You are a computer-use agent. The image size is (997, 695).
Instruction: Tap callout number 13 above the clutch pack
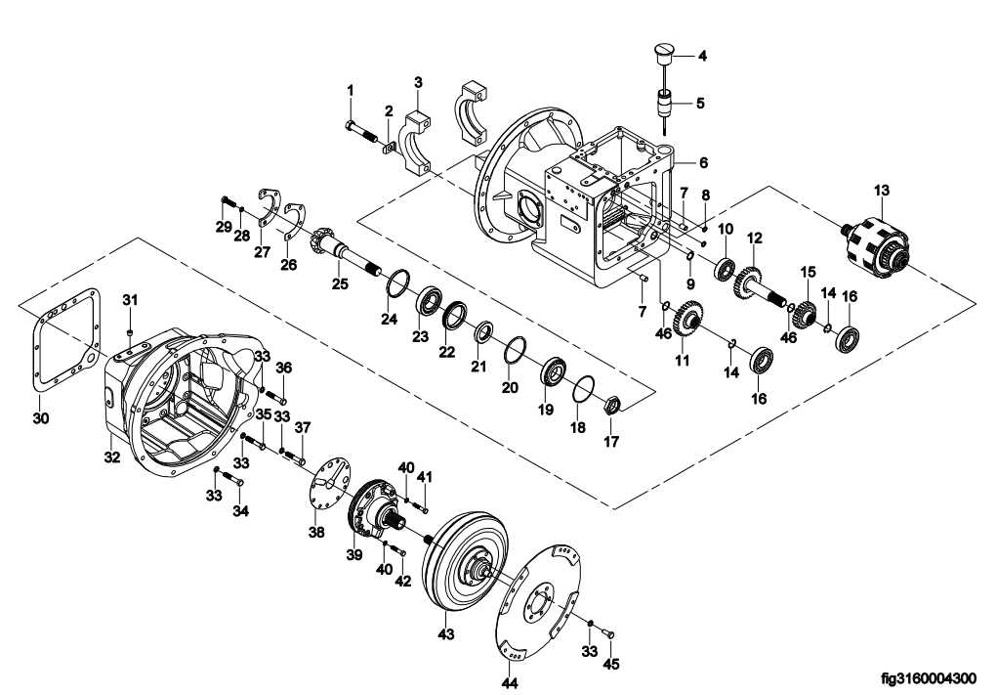coord(881,191)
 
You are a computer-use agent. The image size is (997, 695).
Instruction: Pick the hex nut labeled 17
coord(610,405)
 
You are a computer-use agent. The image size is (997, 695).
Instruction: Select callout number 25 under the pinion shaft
coord(340,283)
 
